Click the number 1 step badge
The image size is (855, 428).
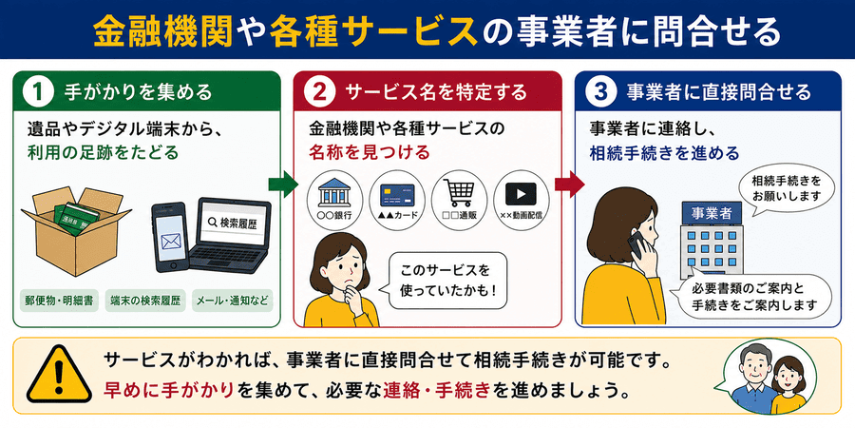38,91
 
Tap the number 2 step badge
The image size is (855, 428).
319,91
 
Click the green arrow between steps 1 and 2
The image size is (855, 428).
283,184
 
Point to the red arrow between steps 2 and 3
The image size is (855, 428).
569,184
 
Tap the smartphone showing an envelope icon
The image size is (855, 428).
170,238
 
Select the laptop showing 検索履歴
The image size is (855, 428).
230,235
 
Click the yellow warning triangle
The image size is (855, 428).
60,375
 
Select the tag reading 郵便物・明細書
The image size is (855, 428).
59,301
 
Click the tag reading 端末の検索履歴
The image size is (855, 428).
144,301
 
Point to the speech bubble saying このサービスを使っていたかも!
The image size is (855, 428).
444,279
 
